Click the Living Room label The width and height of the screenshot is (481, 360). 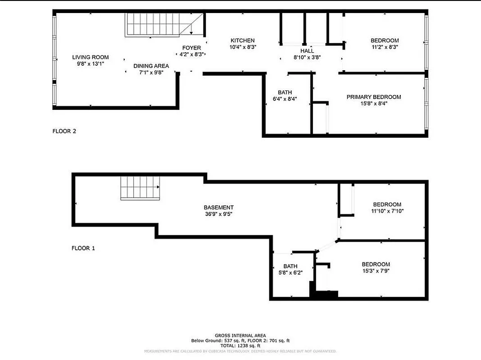pyautogui.click(x=91, y=57)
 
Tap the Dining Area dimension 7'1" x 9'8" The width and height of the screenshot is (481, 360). pyautogui.click(x=151, y=72)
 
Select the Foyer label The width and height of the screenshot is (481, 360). pyautogui.click(x=191, y=48)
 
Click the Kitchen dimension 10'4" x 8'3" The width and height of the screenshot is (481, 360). pyautogui.click(x=243, y=47)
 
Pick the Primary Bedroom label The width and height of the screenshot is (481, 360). pyautogui.click(x=373, y=97)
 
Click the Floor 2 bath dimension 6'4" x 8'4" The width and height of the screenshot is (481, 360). pyautogui.click(x=285, y=99)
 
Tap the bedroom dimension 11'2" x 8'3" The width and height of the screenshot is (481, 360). pyautogui.click(x=385, y=47)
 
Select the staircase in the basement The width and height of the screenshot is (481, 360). pyautogui.click(x=140, y=188)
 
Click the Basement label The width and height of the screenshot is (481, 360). pyautogui.click(x=218, y=207)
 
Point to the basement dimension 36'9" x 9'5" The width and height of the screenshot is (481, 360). pyautogui.click(x=218, y=214)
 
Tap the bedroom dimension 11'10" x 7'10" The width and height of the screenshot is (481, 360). pyautogui.click(x=387, y=211)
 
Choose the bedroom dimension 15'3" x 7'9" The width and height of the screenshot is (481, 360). pyautogui.click(x=376, y=270)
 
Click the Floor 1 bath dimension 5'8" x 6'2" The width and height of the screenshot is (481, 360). pyautogui.click(x=290, y=273)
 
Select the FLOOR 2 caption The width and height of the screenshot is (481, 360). pyautogui.click(x=64, y=131)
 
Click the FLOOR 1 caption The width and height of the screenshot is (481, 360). pyautogui.click(x=83, y=248)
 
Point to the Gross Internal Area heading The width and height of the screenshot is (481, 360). pyautogui.click(x=240, y=335)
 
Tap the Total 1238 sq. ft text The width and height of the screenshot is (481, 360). pyautogui.click(x=240, y=346)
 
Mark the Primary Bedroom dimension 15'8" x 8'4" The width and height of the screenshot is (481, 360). pyautogui.click(x=373, y=103)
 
